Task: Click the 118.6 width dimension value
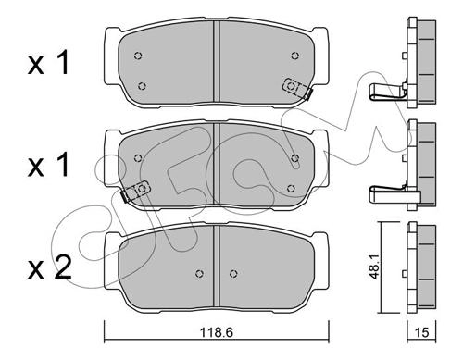click(216, 332)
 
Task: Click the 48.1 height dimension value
click(375, 267)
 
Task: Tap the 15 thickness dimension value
click(422, 332)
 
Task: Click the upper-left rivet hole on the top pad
click(138, 56)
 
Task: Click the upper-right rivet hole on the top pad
click(295, 56)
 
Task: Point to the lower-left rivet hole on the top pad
click(142, 86)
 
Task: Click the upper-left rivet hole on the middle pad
click(138, 158)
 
